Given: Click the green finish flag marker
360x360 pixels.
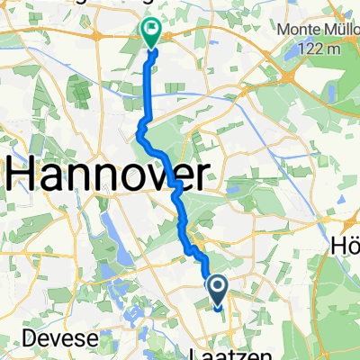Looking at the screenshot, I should (x=150, y=32).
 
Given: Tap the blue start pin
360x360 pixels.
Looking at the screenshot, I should (x=217, y=291).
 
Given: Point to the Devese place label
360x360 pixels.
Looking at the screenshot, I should (x=36, y=338).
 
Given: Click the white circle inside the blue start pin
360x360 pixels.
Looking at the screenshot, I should (x=217, y=286).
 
